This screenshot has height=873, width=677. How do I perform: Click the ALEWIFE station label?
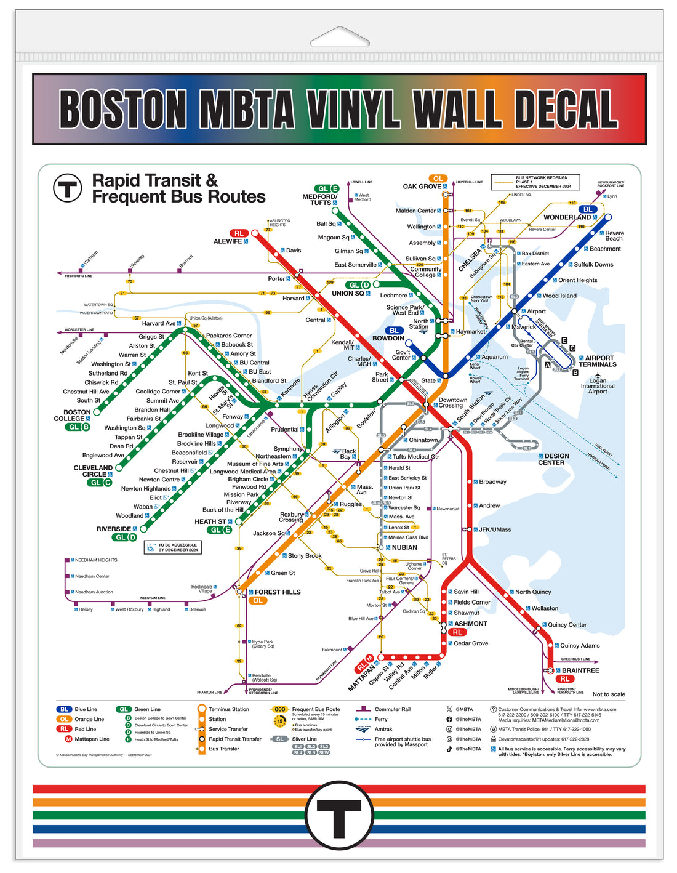pyautogui.click(x=228, y=241)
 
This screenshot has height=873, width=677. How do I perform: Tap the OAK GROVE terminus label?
pyautogui.click(x=422, y=187)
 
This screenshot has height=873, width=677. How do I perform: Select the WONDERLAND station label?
pyautogui.click(x=567, y=217)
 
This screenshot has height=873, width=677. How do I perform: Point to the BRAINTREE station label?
pyautogui.click(x=580, y=670)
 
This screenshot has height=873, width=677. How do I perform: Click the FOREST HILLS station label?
pyautogui.click(x=278, y=592)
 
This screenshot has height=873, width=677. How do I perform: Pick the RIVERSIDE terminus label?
pyautogui.click(x=114, y=529)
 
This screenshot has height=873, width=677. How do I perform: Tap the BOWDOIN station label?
pyautogui.click(x=388, y=338)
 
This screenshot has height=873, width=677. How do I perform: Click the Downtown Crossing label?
pyautogui.click(x=452, y=403)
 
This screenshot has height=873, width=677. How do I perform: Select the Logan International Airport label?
pyautogui.click(x=598, y=385)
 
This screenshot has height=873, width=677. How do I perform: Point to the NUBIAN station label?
pyautogui.click(x=404, y=547)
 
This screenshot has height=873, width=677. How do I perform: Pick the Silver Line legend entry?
pyautogui.click(x=304, y=739)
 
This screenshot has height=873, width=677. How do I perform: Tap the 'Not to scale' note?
pyautogui.click(x=608, y=694)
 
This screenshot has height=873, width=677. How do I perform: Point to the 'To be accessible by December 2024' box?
pyautogui.click(x=174, y=547)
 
